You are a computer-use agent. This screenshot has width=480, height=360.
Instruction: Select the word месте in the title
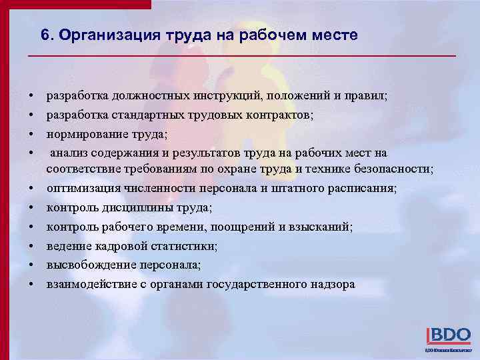point(333,35)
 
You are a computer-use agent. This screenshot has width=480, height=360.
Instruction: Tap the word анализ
point(69,153)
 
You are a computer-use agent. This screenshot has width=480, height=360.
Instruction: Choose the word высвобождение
point(91,265)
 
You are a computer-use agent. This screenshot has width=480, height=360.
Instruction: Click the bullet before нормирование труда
point(31,134)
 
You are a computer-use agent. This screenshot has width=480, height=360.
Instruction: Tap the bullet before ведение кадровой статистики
point(31,246)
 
